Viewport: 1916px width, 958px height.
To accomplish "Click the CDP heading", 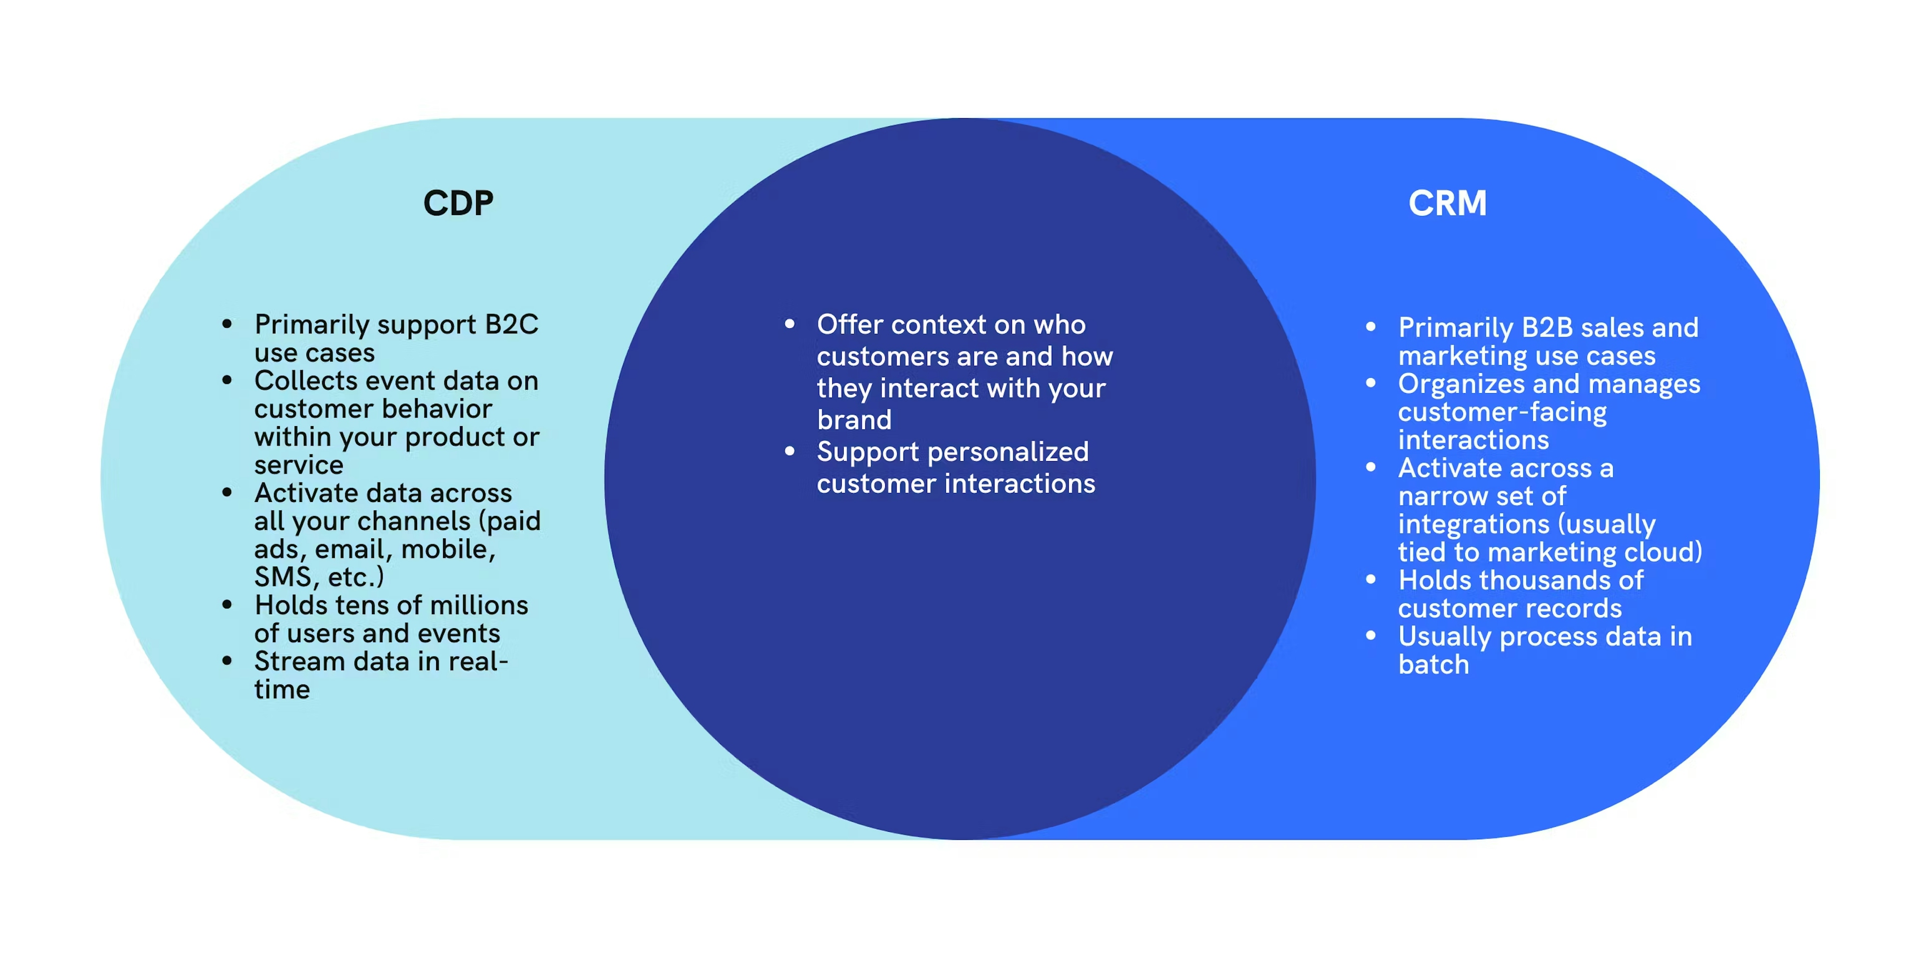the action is (x=458, y=203).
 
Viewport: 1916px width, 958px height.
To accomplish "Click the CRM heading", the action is (x=1447, y=203).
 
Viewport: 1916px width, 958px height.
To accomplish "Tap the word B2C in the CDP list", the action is (x=512, y=324).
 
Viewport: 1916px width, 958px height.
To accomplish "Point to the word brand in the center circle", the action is (x=854, y=420).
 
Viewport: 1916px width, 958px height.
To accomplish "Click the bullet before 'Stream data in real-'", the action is (x=228, y=661).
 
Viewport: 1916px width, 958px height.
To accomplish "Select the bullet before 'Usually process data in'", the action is (x=1371, y=636).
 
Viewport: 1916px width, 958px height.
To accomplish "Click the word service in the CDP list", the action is (x=299, y=466).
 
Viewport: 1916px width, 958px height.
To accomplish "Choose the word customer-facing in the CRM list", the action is (x=1502, y=412).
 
